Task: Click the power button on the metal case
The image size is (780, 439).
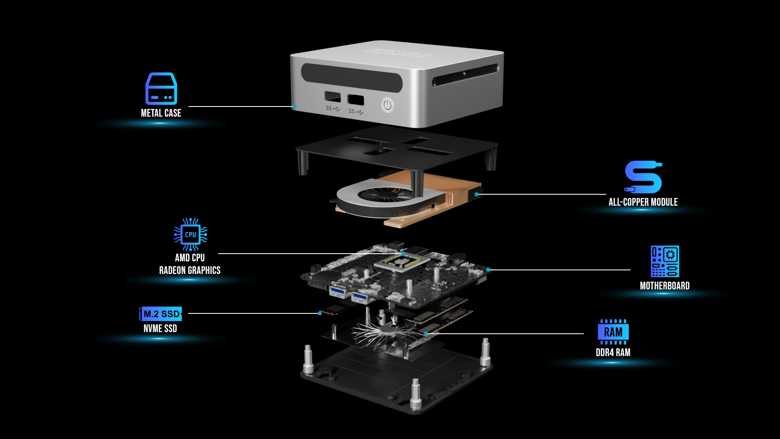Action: click(388, 105)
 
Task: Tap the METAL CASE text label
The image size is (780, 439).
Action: click(161, 113)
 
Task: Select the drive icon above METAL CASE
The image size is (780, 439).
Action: click(161, 88)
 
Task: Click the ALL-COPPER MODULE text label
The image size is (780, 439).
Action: click(643, 202)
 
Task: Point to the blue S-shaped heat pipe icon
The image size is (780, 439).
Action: click(643, 177)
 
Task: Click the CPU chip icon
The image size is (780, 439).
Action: click(191, 234)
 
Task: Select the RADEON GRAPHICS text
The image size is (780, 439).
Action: click(190, 270)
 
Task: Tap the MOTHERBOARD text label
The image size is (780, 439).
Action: click(665, 286)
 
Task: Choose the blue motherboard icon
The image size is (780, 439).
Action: click(665, 261)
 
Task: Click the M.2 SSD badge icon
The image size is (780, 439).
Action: click(160, 314)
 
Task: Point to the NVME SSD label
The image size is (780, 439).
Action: click(160, 328)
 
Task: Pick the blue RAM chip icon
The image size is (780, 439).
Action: click(613, 332)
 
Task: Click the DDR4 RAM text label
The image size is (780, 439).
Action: click(613, 352)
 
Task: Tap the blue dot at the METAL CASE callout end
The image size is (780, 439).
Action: click(294, 106)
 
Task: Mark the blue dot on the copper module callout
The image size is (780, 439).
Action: click(477, 194)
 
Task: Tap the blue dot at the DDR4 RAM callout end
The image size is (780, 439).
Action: click(426, 334)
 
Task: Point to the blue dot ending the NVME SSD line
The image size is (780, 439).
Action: click(320, 313)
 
